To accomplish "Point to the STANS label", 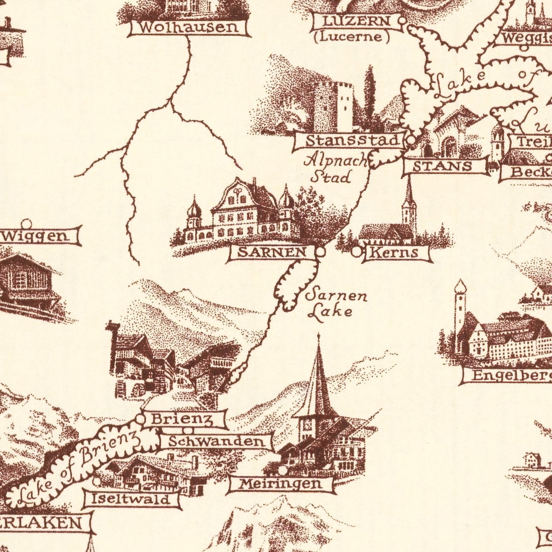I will (442, 166).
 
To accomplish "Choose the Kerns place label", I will (394, 252).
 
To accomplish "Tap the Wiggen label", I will (37, 236).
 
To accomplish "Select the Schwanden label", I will (216, 442).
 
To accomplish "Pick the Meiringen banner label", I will (280, 484).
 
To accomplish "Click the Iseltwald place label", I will (131, 499).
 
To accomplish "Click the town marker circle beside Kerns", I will (356, 252).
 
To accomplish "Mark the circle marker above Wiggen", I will (26, 223).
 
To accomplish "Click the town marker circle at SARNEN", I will (321, 252).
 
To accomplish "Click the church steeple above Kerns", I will (408, 210).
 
